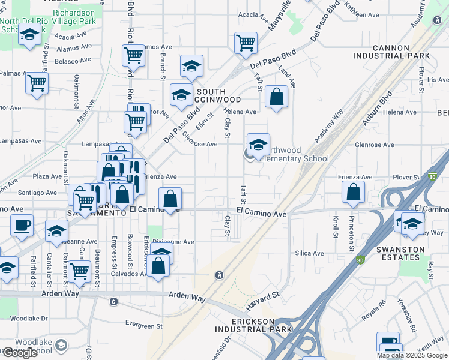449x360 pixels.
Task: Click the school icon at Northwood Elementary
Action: (258, 145)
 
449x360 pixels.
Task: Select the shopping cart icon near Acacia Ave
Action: (246, 42)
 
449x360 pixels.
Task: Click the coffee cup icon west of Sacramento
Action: (22, 226)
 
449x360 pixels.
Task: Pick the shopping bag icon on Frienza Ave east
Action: (354, 192)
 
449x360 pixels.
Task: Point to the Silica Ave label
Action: (310, 253)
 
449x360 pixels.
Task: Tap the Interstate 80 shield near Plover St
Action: (432, 177)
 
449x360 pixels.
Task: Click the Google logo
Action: (20, 352)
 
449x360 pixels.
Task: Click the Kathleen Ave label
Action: (361, 14)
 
